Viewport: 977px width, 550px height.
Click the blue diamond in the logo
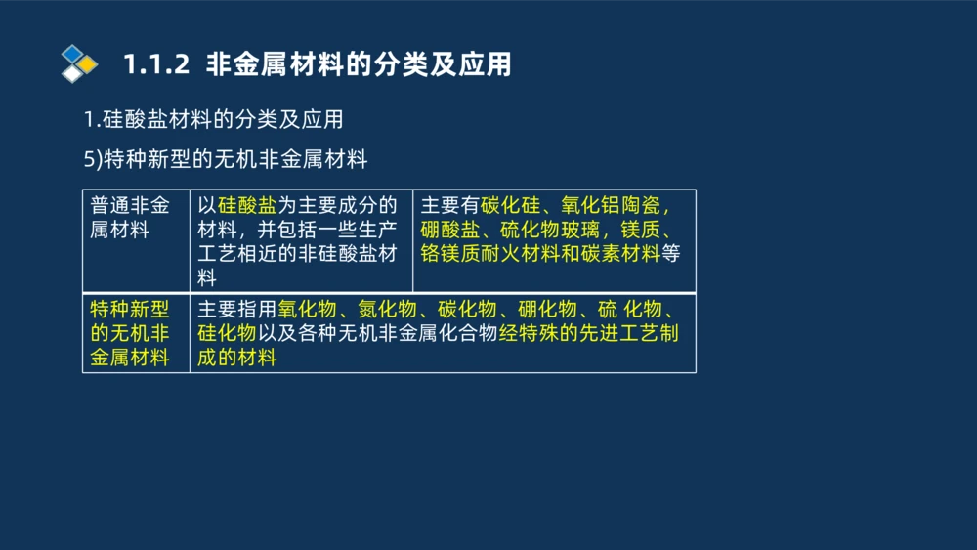[x=71, y=53]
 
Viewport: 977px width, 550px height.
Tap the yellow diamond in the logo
[x=88, y=64]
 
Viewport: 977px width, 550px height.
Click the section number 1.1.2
[x=154, y=65]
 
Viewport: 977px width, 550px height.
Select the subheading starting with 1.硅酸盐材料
[x=213, y=120]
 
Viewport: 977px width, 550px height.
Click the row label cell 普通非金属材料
[x=130, y=218]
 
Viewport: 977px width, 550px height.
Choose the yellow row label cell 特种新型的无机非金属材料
[x=130, y=333]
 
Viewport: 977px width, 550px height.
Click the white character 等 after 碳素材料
[x=670, y=254]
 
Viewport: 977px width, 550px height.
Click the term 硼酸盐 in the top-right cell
[x=450, y=231]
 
